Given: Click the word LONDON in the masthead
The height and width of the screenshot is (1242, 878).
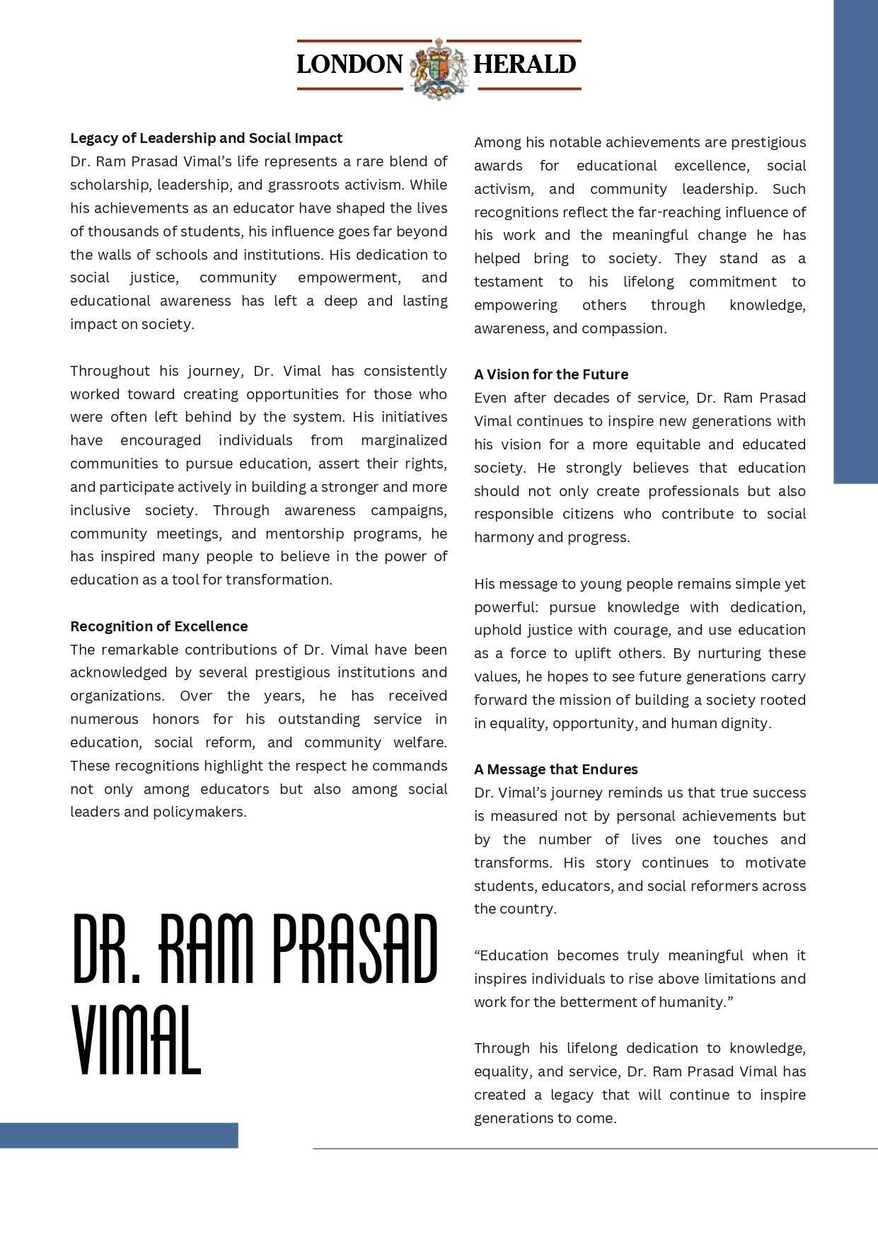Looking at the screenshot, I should click(350, 64).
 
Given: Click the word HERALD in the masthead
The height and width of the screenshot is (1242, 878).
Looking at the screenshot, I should click(524, 64).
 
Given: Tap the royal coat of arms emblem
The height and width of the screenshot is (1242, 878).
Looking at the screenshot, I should click(439, 67).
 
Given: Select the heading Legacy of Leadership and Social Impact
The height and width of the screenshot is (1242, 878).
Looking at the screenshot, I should click(206, 138).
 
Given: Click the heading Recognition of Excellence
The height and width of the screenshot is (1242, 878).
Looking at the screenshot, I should click(158, 626).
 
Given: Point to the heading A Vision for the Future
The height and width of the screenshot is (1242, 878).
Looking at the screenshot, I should click(551, 374).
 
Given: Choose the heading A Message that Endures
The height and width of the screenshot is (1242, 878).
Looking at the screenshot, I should click(556, 769).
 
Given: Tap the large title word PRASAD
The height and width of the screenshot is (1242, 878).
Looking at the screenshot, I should click(355, 949).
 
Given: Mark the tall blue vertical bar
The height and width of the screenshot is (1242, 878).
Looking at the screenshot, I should click(855, 241).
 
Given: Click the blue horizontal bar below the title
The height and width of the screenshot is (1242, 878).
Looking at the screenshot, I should click(119, 1135).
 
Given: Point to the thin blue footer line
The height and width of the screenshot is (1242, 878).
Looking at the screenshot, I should click(594, 1149).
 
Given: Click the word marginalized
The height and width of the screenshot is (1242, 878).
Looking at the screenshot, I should click(404, 440).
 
